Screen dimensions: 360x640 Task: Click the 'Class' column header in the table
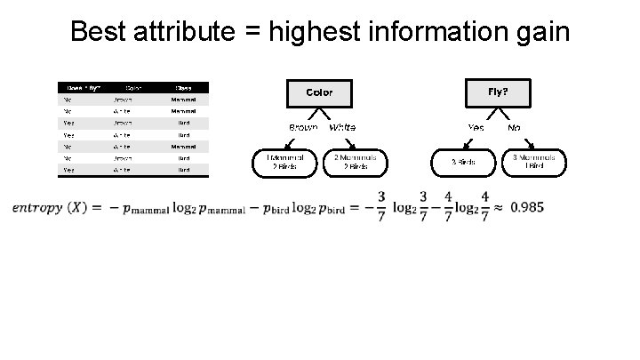tap(183, 87)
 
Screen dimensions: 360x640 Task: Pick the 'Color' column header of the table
tap(133, 87)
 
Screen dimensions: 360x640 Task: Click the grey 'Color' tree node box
tap(319, 92)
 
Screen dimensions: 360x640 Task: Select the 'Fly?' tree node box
tap(498, 92)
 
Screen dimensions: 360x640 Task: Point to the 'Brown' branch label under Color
tap(303, 127)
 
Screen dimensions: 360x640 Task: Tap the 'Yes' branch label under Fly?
tap(476, 127)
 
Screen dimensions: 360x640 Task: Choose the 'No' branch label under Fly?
tap(514, 127)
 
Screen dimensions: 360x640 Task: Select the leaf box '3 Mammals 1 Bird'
tap(534, 161)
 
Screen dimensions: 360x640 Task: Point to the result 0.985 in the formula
tap(527, 207)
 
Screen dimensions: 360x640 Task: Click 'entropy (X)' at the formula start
tap(49, 208)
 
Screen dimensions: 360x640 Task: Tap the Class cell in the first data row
tap(183, 100)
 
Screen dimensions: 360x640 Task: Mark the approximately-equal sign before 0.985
tap(497, 208)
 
